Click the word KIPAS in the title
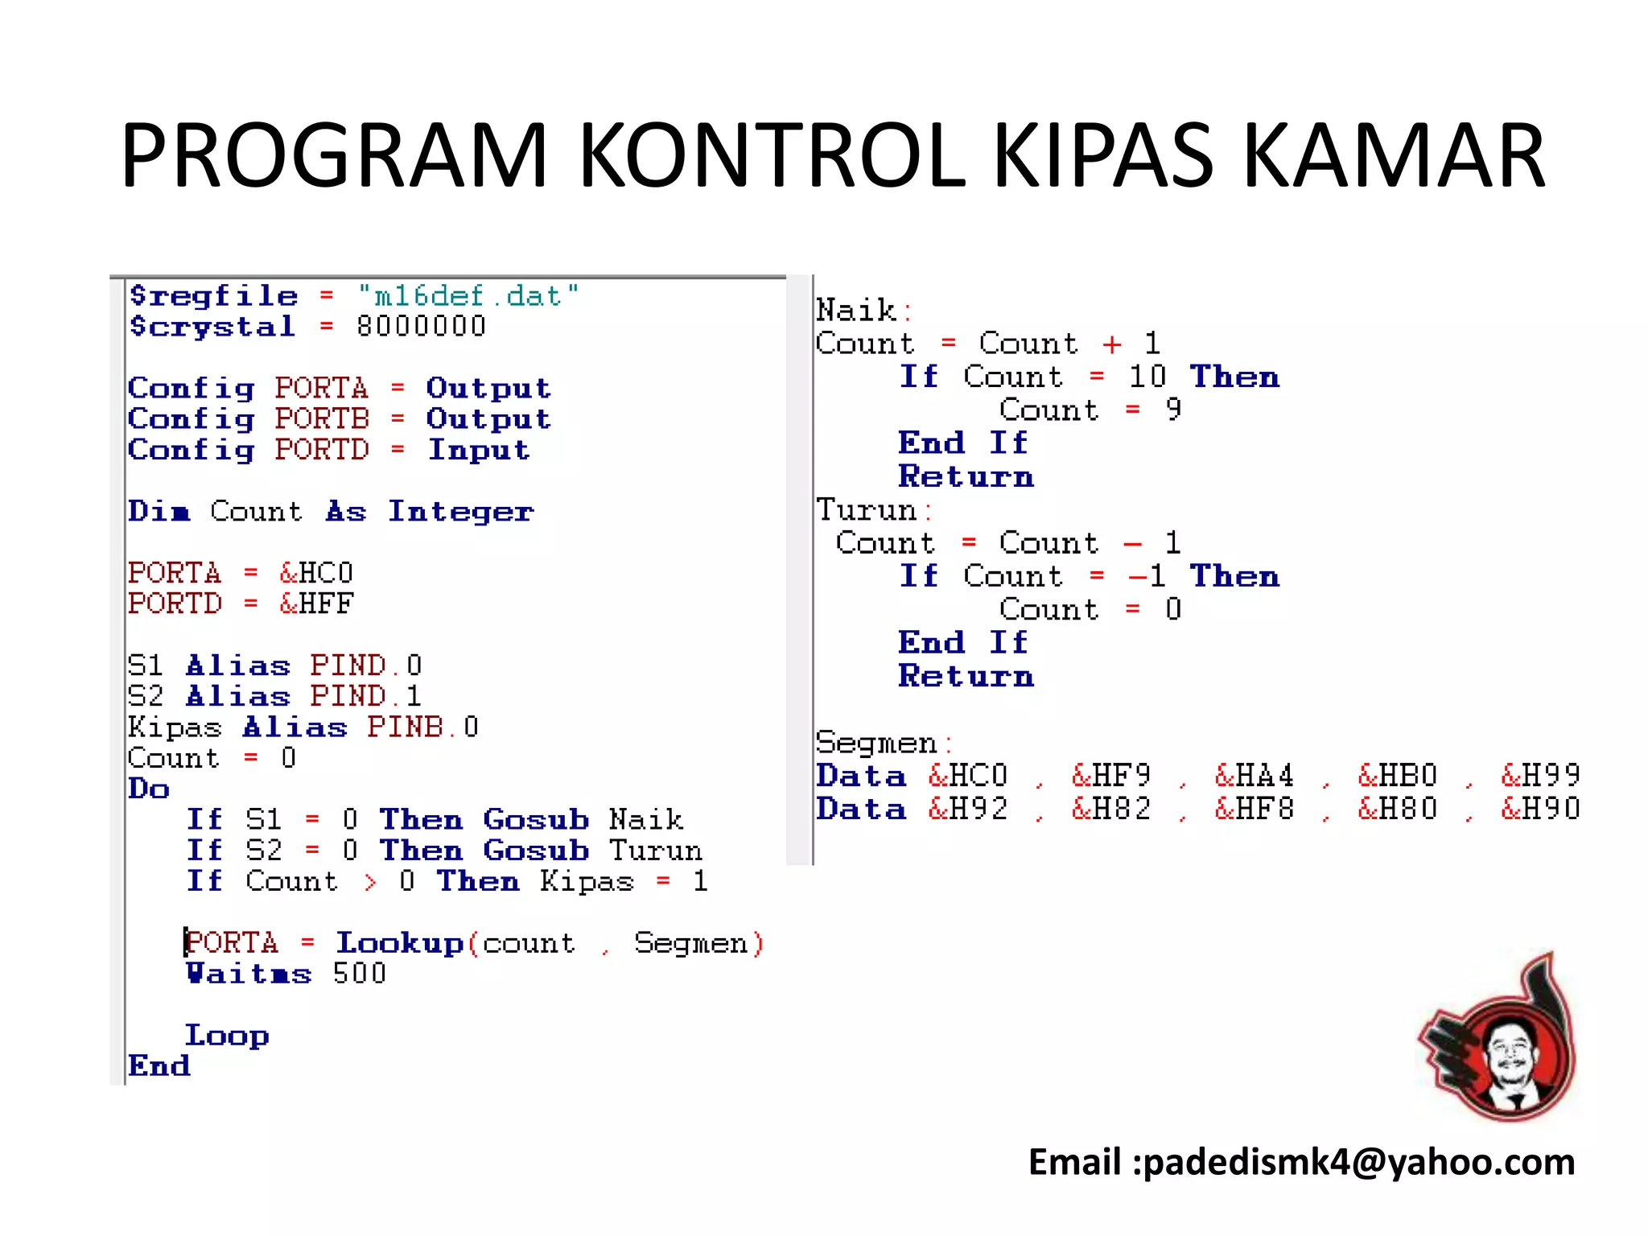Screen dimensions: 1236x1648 pos(1103,156)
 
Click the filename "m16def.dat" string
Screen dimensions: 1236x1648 pos(468,296)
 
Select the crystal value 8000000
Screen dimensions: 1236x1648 pos(421,327)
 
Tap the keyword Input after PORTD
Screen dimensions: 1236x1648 pos(479,450)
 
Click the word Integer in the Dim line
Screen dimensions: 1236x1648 pos(460,512)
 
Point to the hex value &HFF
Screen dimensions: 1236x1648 pos(316,604)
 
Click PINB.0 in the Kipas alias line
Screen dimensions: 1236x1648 pos(422,727)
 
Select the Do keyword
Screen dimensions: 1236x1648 pos(149,789)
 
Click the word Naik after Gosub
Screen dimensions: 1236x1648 pos(646,820)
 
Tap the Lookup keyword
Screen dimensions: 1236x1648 pos(399,943)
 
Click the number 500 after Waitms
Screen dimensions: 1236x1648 pos(360,974)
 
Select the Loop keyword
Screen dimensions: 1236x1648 pos(227,1036)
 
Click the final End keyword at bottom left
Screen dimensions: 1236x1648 pos(159,1066)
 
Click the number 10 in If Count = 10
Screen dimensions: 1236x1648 pos(1147,377)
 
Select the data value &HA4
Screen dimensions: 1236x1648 pos(1254,776)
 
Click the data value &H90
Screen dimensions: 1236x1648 pos(1540,809)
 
